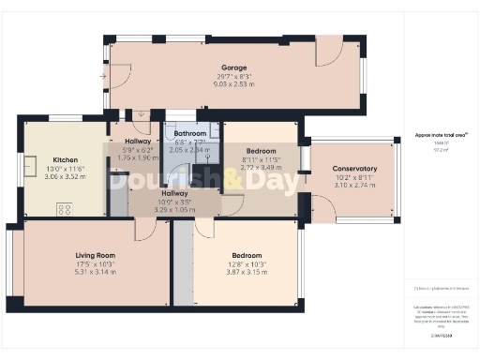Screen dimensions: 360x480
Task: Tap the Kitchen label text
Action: click(66, 159)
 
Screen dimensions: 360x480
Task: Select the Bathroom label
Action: click(191, 133)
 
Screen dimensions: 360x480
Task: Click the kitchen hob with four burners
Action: click(66, 209)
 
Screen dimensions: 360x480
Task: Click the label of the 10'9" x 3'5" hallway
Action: click(175, 194)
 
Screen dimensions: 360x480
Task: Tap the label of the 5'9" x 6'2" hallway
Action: click(137, 141)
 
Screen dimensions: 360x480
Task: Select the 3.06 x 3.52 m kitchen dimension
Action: click(66, 176)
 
